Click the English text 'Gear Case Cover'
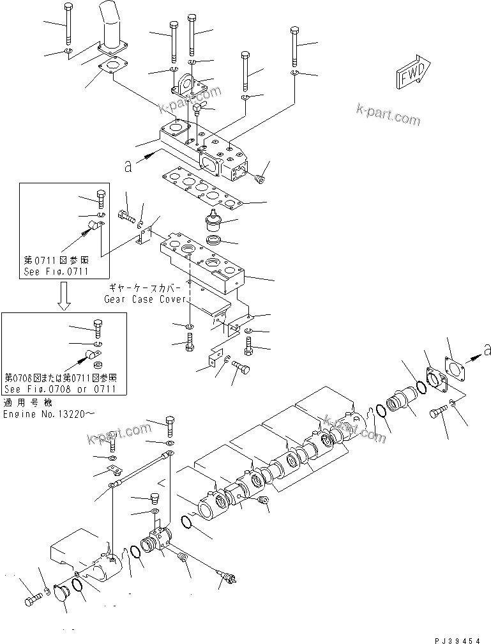pyautogui.click(x=146, y=299)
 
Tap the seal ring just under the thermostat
pyautogui.click(x=213, y=242)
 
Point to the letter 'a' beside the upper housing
pyautogui.click(x=128, y=165)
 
